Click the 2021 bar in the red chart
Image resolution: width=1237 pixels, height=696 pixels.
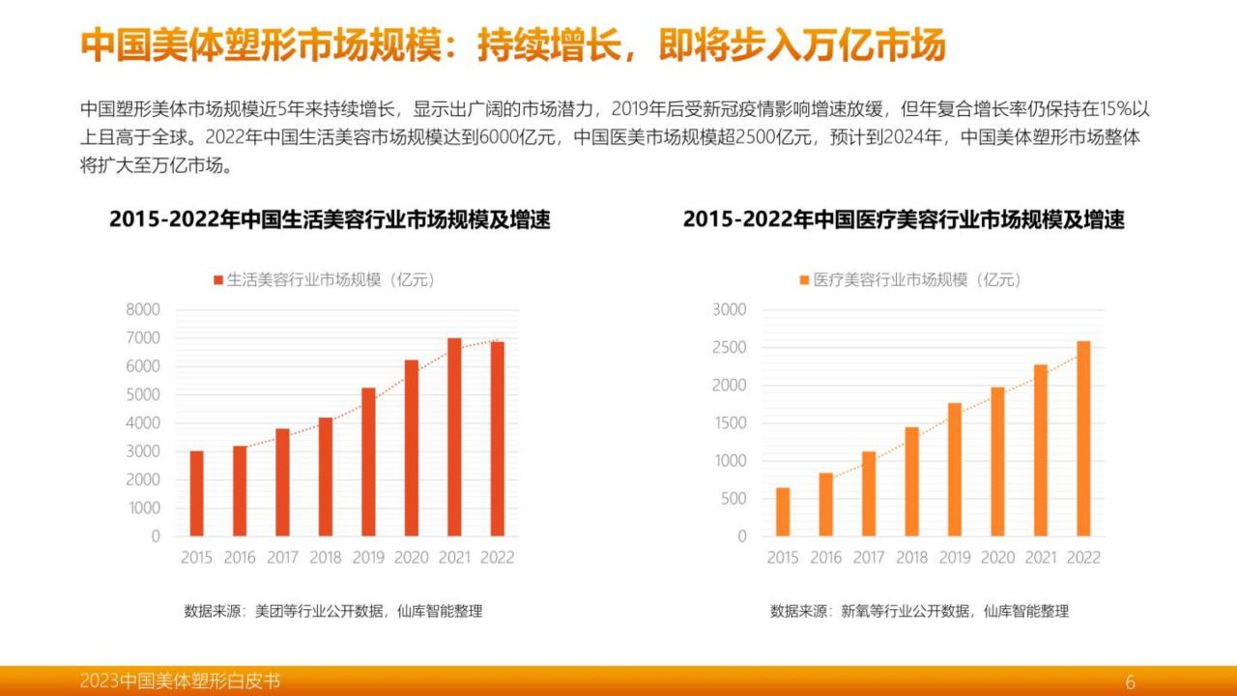(x=454, y=437)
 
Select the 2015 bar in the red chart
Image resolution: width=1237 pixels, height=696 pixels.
(x=196, y=494)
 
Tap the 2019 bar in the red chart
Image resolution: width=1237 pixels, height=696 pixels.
(x=368, y=462)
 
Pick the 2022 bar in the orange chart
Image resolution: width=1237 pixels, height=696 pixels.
(x=1083, y=439)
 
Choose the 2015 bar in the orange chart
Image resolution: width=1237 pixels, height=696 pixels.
(x=783, y=512)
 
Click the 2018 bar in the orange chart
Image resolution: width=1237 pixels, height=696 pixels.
(x=911, y=481)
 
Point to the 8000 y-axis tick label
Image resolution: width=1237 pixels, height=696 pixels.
(x=143, y=309)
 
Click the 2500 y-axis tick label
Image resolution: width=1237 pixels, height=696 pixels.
(x=730, y=347)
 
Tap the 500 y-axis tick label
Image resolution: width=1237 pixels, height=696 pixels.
(x=734, y=498)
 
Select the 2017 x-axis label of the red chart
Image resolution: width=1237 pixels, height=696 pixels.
(x=283, y=558)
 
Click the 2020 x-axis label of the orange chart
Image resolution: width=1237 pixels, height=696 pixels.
(x=998, y=558)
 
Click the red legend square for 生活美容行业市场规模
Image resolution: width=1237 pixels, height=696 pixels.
(x=218, y=280)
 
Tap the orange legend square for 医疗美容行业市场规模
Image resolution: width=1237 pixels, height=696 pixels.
(x=805, y=280)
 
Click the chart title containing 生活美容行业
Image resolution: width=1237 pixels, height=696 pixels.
(x=330, y=219)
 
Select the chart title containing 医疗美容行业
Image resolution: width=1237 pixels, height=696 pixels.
(x=904, y=219)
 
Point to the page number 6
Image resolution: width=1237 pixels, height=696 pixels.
(x=1131, y=681)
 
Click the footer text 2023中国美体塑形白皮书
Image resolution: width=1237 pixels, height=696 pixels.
(x=180, y=681)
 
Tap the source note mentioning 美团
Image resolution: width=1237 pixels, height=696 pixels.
(x=333, y=611)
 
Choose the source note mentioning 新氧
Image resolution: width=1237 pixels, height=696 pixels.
(x=919, y=611)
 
